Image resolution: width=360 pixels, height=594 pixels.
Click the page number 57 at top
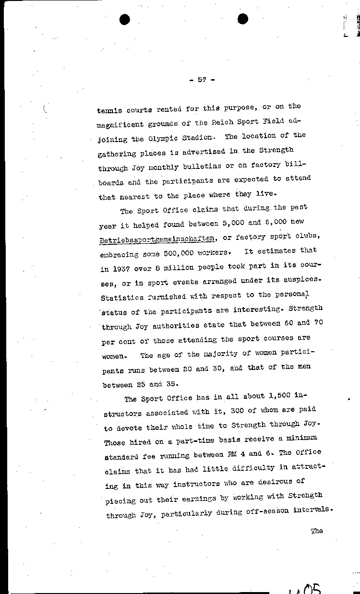point(202,80)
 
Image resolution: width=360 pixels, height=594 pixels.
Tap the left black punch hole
point(126,19)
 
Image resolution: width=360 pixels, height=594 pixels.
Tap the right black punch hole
point(243,19)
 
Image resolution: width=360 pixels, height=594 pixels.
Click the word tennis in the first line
point(109,110)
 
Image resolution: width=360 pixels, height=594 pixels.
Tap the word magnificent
point(123,125)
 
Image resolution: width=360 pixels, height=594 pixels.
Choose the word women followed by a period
point(114,357)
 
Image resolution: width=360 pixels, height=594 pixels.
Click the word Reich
point(222,123)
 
